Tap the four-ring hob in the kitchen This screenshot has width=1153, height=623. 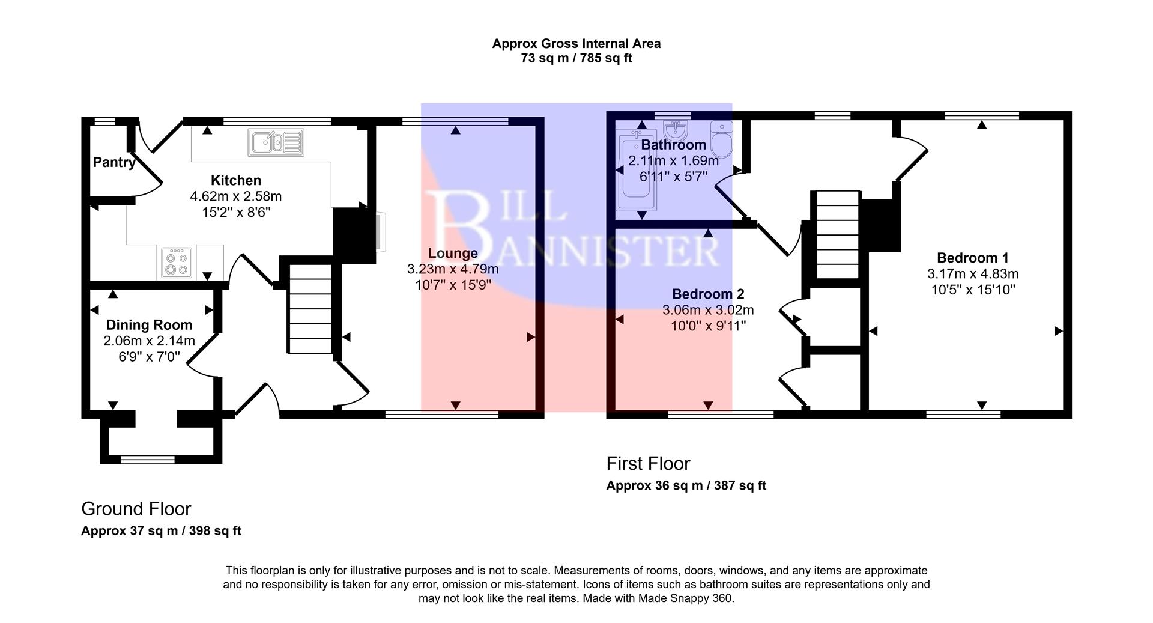[x=177, y=263]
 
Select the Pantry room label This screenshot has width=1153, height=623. [x=113, y=162]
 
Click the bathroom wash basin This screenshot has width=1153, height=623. [x=676, y=130]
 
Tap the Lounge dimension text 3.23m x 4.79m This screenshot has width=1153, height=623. [x=452, y=269]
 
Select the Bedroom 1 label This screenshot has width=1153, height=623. [x=972, y=258]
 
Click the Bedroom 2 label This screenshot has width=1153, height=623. [x=707, y=294]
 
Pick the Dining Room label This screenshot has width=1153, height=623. [x=149, y=325]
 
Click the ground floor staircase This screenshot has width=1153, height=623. [x=310, y=309]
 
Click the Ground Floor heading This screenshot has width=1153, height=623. [x=136, y=509]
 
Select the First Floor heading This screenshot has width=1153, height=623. [x=648, y=463]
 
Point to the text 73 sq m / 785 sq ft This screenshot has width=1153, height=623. [x=576, y=59]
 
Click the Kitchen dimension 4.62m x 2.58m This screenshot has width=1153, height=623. [x=235, y=196]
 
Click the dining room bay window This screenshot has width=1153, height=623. [x=148, y=460]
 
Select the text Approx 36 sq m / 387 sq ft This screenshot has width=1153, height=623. [x=686, y=485]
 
